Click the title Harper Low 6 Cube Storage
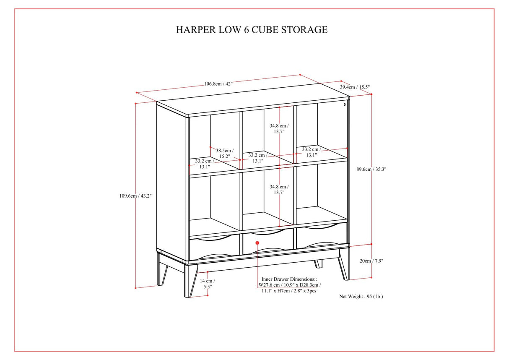pos(252,30)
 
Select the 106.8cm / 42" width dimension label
pos(218,83)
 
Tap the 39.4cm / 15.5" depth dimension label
pos(354,87)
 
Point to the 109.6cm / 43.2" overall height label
pos(135,196)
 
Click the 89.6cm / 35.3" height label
pos(371,170)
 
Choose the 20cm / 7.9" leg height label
pos(371,261)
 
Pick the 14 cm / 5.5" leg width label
pos(207,284)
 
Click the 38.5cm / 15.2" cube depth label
pos(224,153)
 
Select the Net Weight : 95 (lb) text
pos(361,296)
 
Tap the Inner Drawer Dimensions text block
pos(289,284)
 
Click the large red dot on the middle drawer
pos(257,243)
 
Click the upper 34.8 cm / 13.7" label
pos(279,128)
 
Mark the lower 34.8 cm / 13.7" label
pos(279,190)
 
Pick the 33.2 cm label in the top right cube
pos(311,151)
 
